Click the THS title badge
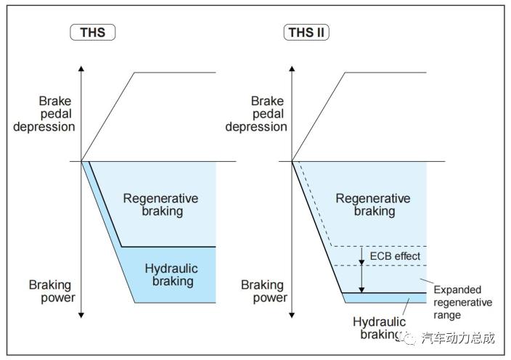click(x=92, y=32)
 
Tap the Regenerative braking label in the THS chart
click(x=160, y=205)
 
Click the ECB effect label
click(x=395, y=256)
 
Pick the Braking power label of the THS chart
click(x=52, y=291)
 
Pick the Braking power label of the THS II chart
click(x=263, y=291)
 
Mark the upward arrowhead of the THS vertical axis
click(x=81, y=68)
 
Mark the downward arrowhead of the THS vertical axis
click(x=81, y=315)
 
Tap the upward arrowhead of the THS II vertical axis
click(x=291, y=68)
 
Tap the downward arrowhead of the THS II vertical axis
click(x=291, y=315)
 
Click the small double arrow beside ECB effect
click(x=361, y=256)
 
